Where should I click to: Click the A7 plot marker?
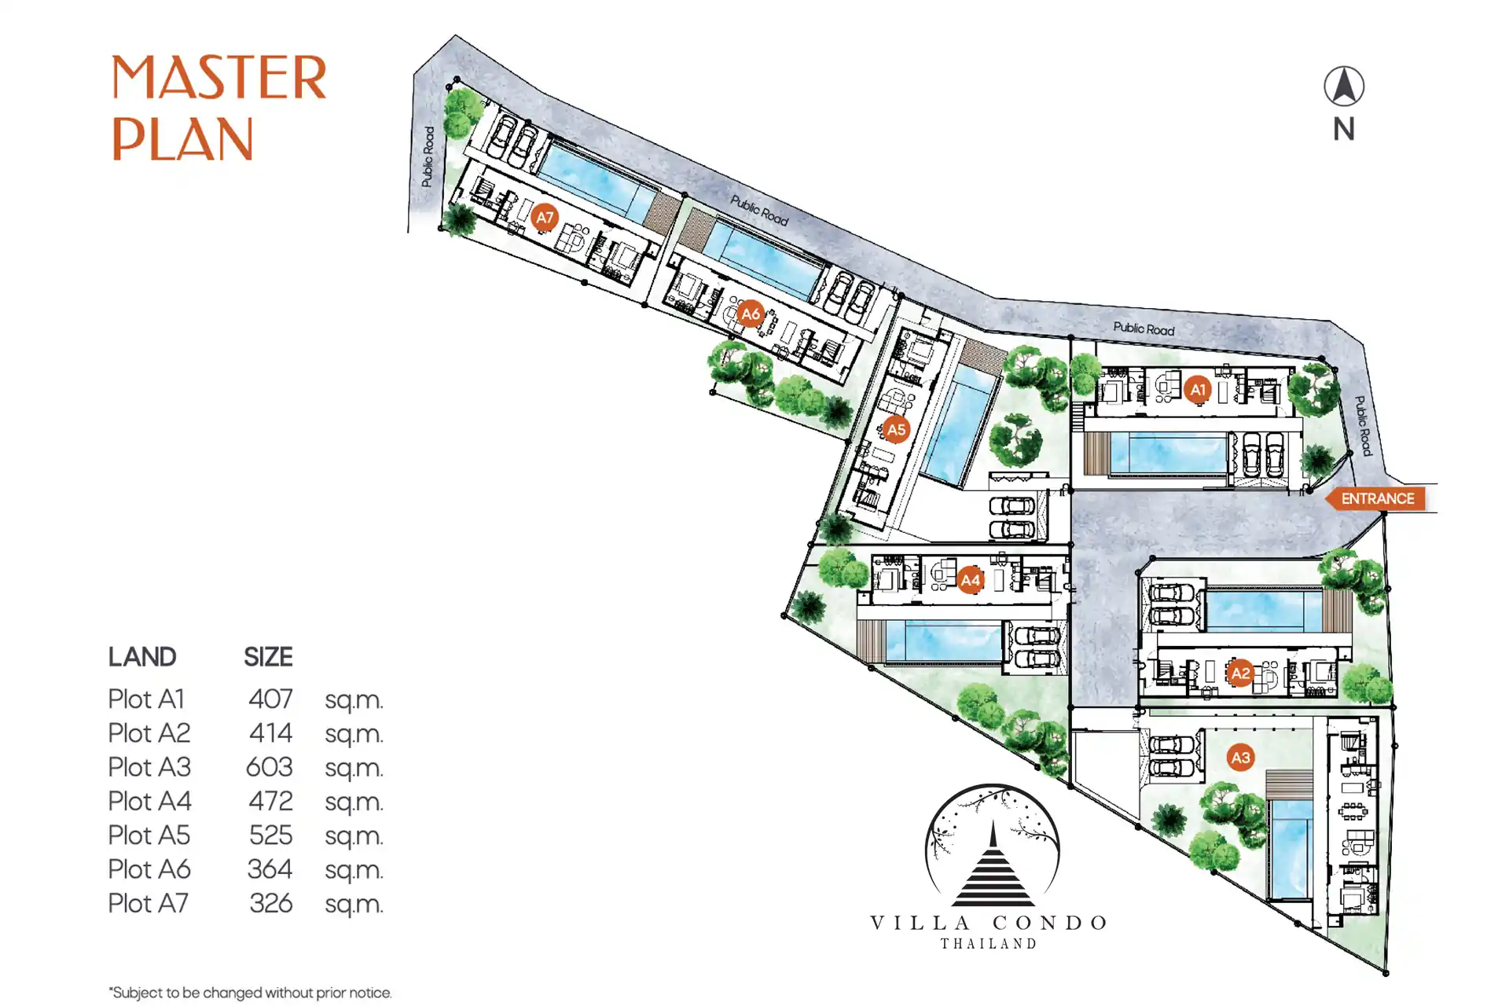coord(545,217)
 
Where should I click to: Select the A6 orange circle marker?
coord(751,314)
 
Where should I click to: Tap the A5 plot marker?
coord(896,429)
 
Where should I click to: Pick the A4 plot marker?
coord(971,580)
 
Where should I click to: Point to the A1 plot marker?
coord(1198,389)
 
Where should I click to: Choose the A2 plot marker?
coord(1240,673)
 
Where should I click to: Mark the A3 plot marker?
coord(1240,757)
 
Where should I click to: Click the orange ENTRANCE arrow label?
coord(1375,498)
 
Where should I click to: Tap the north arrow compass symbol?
coord(1344,86)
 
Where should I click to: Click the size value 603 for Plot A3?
coord(270,767)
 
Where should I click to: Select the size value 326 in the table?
coord(271,903)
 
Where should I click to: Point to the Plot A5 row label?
coord(149,835)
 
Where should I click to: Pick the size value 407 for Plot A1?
coord(271,699)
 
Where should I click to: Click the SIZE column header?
coord(268,656)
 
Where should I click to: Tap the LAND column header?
coord(142,656)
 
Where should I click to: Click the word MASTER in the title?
coord(218,78)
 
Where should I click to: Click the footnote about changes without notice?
coord(250,993)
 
